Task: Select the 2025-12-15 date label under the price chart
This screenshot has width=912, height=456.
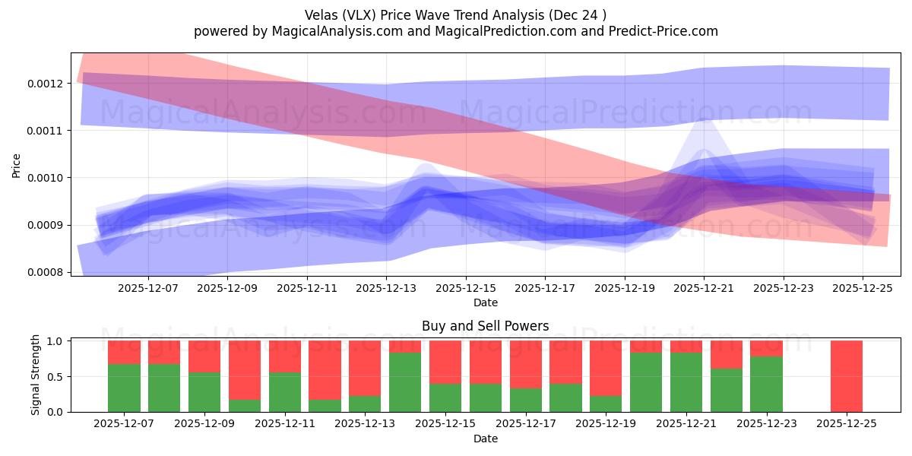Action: coord(465,289)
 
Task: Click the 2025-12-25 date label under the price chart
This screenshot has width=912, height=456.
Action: coord(862,289)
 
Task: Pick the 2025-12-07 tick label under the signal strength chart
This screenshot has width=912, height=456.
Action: coord(124,424)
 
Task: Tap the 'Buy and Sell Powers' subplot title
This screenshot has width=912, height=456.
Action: coord(485,326)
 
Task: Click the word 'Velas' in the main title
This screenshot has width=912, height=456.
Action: coord(322,14)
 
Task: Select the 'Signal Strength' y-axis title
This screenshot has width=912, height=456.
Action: coord(36,376)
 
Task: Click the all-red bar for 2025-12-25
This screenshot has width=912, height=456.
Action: coord(846,376)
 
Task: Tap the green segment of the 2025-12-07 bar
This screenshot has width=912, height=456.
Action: coord(124,388)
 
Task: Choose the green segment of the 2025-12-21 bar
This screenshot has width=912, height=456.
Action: coord(686,382)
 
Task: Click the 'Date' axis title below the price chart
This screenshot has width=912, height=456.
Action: coord(485,302)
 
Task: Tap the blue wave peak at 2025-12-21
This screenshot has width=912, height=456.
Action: coord(704,122)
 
